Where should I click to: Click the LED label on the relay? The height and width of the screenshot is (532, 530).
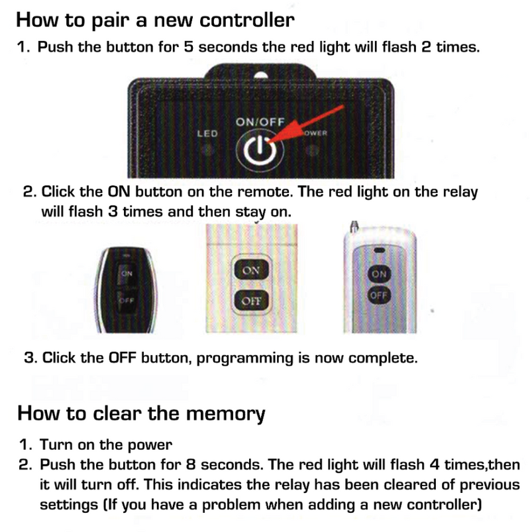(207, 134)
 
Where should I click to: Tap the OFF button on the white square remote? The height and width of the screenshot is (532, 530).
(251, 300)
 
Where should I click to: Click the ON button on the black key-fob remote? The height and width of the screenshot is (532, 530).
(126, 272)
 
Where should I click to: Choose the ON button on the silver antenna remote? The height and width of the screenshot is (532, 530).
(378, 274)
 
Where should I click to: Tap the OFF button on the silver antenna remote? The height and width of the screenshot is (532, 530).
(378, 295)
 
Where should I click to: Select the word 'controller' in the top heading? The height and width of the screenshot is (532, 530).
(246, 20)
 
